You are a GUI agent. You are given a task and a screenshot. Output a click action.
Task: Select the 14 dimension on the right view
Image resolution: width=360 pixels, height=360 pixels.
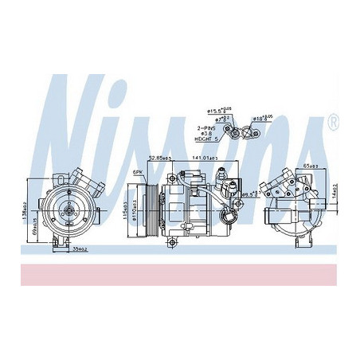335,191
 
